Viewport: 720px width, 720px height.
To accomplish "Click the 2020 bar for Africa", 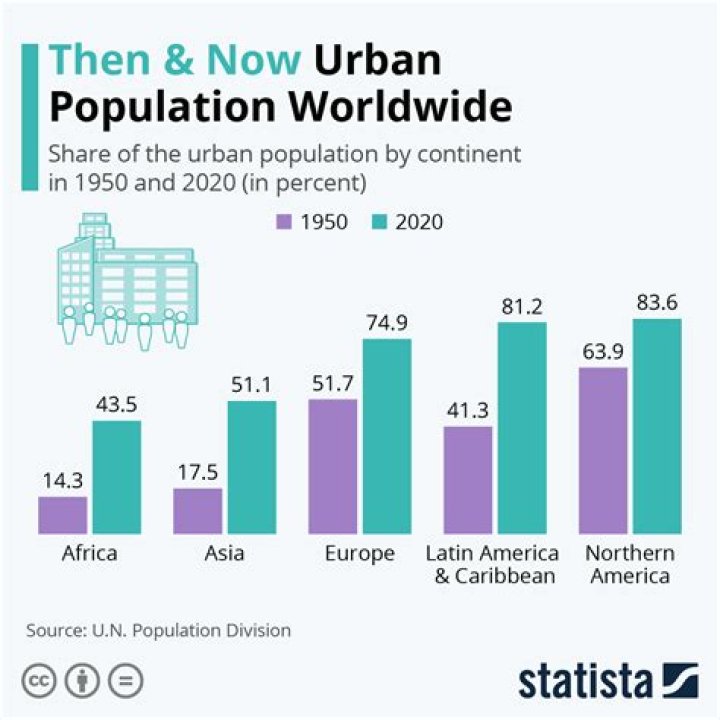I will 117,476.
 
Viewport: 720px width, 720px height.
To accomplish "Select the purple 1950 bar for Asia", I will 197,510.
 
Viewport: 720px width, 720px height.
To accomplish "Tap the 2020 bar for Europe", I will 386,435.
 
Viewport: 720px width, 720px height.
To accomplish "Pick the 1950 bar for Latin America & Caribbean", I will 468,479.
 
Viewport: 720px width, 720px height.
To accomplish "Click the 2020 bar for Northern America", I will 657,425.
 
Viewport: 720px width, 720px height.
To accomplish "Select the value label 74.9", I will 386,322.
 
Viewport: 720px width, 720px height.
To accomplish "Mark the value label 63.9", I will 603,351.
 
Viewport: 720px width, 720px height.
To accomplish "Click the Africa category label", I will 90,553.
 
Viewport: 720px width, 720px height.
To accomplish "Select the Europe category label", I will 360,553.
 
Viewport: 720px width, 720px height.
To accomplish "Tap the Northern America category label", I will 630,564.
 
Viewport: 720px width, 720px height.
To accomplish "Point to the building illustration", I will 122,281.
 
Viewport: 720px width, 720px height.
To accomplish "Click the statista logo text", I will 584,681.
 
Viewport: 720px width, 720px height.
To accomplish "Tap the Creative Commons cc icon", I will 41,681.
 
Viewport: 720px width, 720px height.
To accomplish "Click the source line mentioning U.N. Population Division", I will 158,630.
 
